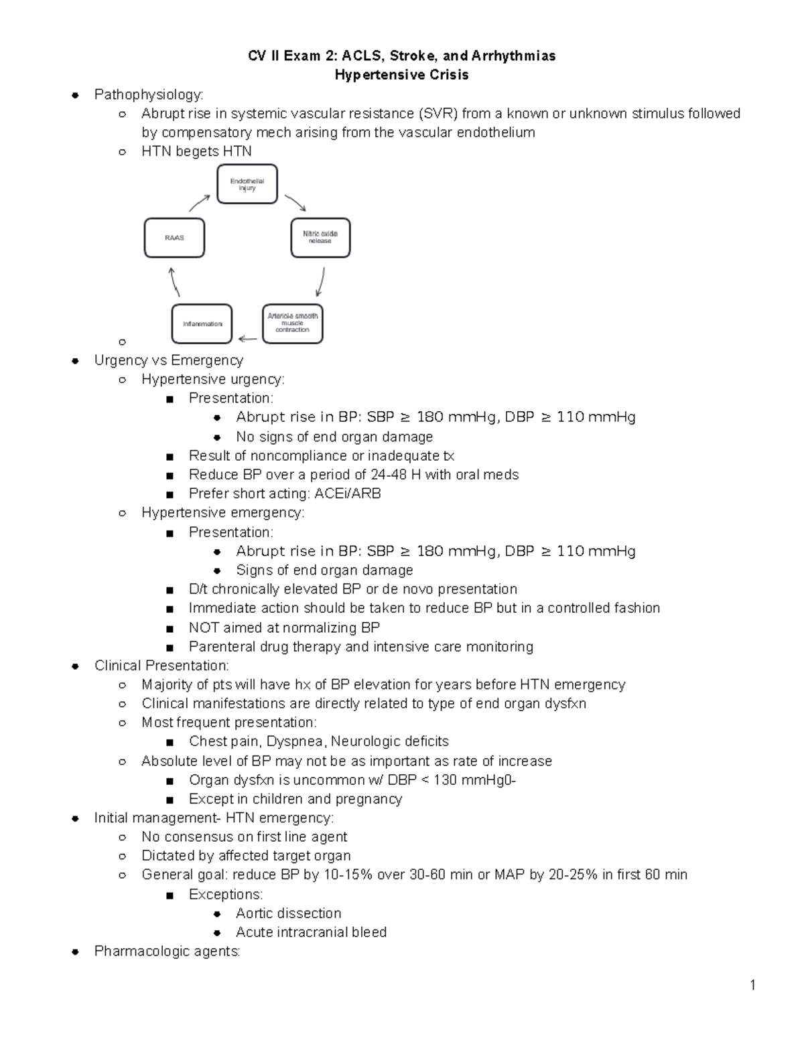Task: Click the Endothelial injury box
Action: click(247, 185)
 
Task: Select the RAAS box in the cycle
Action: click(174, 238)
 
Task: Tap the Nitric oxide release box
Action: click(320, 238)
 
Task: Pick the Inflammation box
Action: click(202, 324)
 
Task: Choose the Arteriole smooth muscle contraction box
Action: click(293, 323)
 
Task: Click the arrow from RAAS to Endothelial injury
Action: click(200, 202)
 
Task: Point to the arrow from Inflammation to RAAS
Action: click(174, 282)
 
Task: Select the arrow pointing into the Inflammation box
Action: click(247, 338)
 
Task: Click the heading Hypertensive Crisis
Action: click(401, 75)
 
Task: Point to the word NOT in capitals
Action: click(204, 627)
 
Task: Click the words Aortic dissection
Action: click(288, 913)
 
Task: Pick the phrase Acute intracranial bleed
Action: click(311, 932)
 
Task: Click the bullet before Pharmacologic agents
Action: click(76, 952)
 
